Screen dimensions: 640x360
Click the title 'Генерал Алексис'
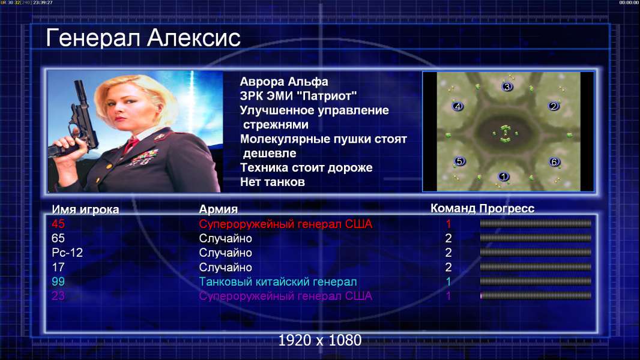point(143,38)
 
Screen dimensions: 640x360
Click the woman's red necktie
point(131,144)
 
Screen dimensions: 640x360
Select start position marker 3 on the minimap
point(507,86)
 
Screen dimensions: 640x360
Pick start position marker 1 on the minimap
point(504,176)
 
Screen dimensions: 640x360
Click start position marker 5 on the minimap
point(460,161)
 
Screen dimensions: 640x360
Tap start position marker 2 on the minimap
point(554,106)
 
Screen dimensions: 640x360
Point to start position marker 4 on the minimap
point(457,106)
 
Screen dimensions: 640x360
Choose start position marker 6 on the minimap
point(554,162)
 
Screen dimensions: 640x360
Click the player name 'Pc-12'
point(67,253)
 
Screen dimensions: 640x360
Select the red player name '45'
point(58,224)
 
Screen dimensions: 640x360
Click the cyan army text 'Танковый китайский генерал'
point(278,282)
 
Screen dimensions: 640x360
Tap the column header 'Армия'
point(219,209)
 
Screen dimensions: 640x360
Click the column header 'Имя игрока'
point(85,209)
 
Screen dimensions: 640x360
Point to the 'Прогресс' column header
point(507,208)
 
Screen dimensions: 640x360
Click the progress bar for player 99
point(536,281)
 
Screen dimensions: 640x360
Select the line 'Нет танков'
point(272,182)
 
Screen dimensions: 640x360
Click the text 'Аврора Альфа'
point(284,82)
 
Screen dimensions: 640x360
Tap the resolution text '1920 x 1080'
point(320,340)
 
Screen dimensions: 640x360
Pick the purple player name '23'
point(58,296)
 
